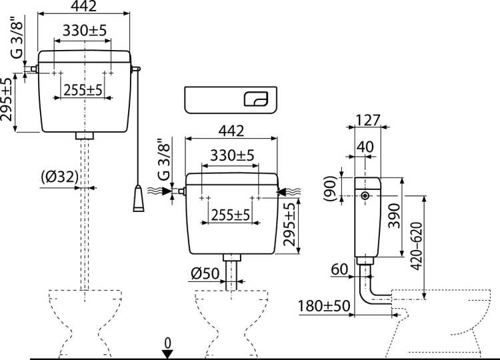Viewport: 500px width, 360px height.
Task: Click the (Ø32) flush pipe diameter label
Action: coord(60,177)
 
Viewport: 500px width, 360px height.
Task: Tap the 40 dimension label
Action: coord(364,145)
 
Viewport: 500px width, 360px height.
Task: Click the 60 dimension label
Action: coord(340,269)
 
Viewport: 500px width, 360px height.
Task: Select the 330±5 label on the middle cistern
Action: coord(232,155)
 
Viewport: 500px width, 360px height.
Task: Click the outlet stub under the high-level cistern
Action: coord(85,135)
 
